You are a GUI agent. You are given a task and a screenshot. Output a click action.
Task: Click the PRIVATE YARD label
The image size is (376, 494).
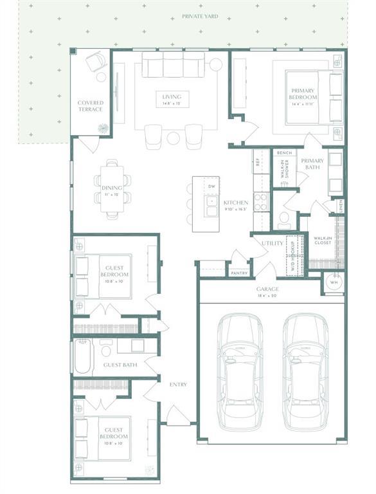[199, 15]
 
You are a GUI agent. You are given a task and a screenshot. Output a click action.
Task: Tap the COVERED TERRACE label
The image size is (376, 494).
[91, 106]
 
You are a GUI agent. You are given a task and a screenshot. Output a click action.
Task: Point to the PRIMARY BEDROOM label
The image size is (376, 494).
[303, 97]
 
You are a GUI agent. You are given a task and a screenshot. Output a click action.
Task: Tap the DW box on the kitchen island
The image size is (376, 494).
[211, 187]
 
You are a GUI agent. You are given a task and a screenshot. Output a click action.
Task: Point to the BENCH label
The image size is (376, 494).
[284, 153]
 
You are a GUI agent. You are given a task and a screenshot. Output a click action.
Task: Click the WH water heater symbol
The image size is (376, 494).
[333, 282]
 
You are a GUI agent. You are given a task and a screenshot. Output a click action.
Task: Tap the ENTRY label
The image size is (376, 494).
[178, 385]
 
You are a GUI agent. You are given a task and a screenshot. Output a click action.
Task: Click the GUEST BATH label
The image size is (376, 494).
[120, 365]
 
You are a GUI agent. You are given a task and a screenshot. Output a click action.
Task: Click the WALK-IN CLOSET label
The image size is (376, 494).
[323, 241]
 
